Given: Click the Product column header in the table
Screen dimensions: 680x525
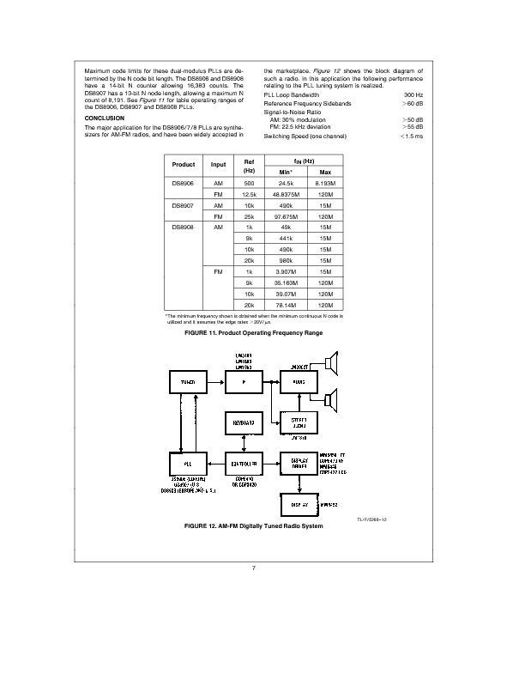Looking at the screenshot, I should [184, 165].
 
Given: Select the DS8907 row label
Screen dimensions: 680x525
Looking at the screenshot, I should [184, 206].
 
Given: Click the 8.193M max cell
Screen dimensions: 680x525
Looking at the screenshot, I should [325, 183].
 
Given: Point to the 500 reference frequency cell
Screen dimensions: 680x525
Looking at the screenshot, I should [250, 183].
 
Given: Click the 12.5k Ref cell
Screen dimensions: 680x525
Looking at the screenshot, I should [250, 195].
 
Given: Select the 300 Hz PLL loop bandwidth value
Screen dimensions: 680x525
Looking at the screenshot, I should [413, 94].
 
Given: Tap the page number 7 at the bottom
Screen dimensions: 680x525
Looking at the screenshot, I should [255, 568].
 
